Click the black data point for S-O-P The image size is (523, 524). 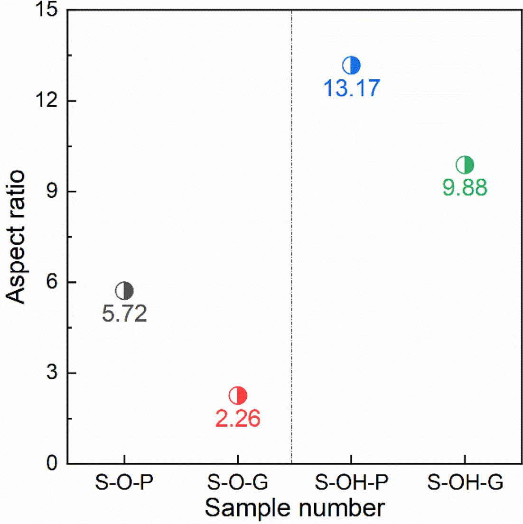[x=124, y=291]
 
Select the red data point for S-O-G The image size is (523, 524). [x=238, y=395]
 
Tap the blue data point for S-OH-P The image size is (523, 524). [x=352, y=65]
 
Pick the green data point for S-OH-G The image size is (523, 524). [x=465, y=165]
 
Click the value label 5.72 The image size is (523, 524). [x=124, y=314]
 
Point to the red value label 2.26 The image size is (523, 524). [x=238, y=418]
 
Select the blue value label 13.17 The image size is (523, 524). [x=352, y=88]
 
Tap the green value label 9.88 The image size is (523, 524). [x=465, y=188]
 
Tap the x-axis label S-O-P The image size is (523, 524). [x=124, y=483]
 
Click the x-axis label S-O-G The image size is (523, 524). [x=238, y=483]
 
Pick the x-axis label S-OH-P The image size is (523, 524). [x=352, y=483]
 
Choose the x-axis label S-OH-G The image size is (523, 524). [x=465, y=483]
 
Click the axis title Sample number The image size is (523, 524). [x=295, y=508]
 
